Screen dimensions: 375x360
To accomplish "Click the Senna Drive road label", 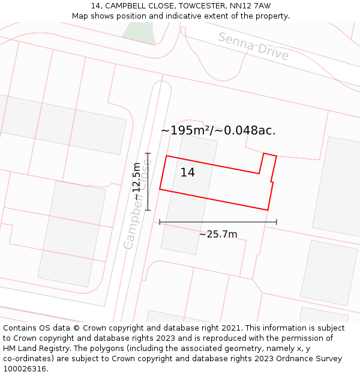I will point(253,47).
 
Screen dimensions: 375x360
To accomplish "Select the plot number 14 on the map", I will point(188,173).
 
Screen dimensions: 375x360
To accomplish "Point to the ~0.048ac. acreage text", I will point(245,130).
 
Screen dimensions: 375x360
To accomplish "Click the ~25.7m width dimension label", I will point(218,234).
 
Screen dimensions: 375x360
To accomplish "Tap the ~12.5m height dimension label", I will point(137,181).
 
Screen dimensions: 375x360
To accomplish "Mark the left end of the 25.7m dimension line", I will point(160,222).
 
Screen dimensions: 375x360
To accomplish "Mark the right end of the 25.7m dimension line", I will point(277,222).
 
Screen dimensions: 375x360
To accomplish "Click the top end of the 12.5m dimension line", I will point(148,153).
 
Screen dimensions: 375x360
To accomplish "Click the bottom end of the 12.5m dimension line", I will point(148,210).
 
